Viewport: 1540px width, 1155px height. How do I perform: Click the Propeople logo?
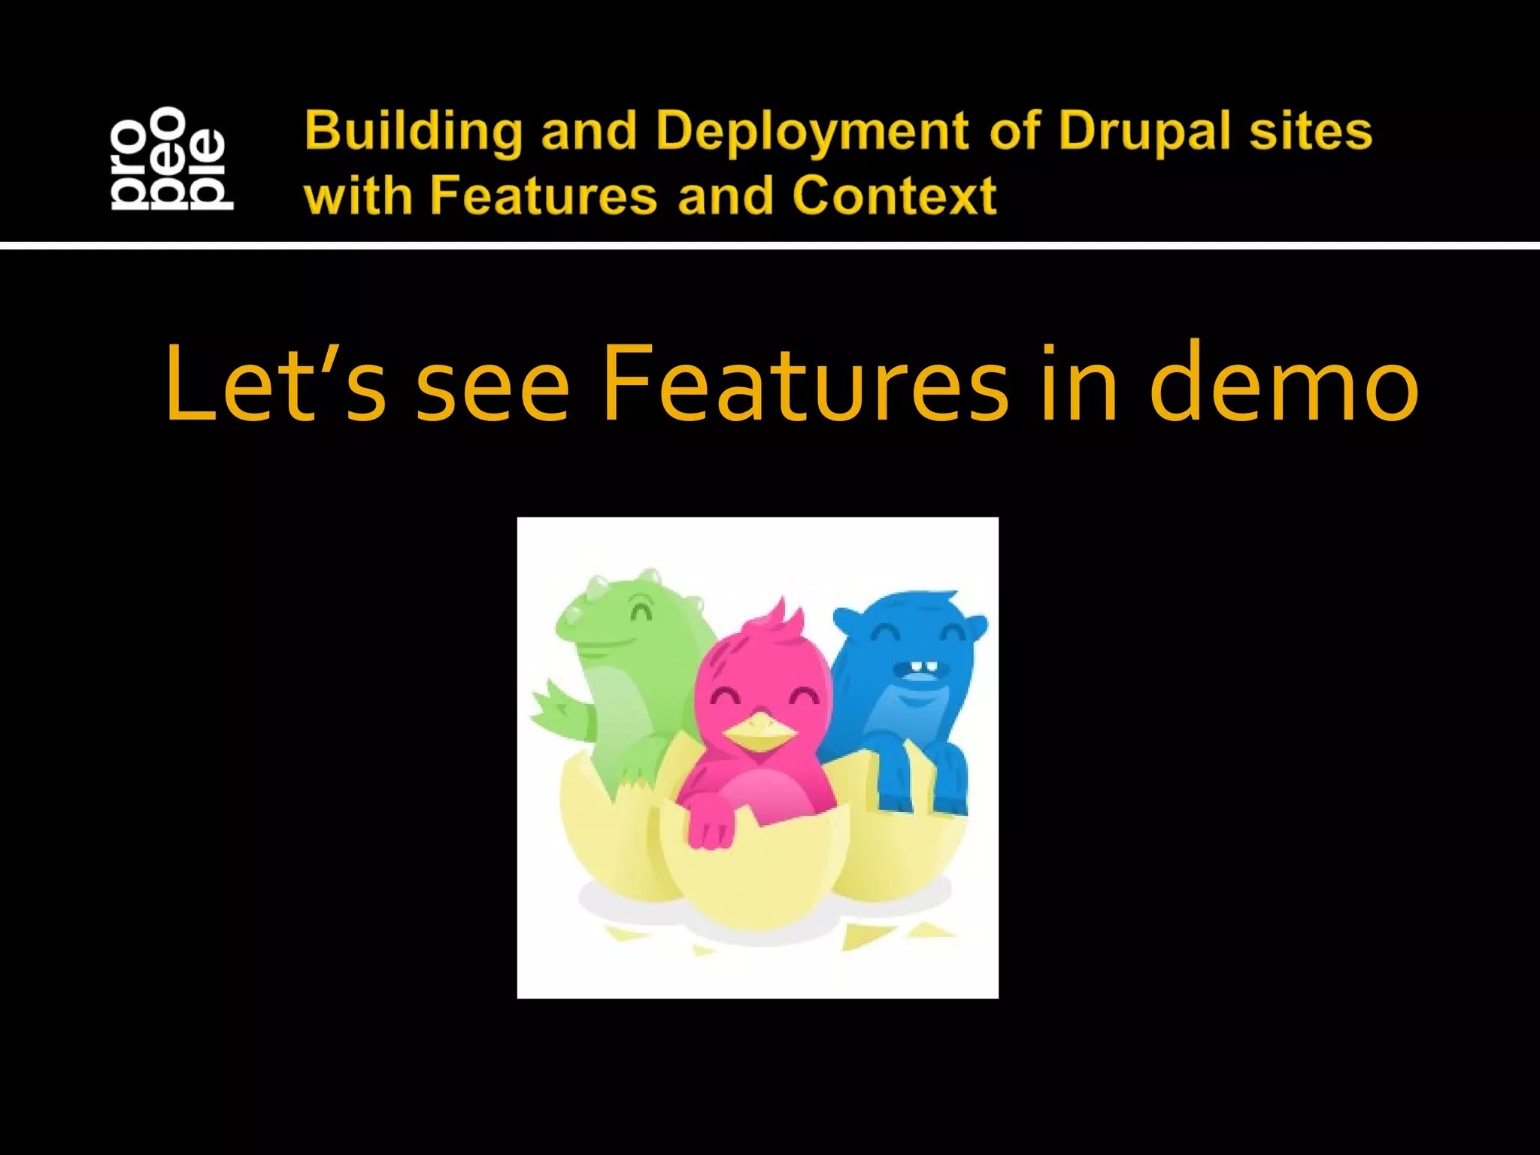(x=171, y=158)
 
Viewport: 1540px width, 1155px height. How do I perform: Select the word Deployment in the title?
(x=812, y=132)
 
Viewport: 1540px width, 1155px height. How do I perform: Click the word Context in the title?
(x=894, y=196)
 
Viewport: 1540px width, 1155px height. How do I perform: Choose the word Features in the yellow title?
(x=544, y=196)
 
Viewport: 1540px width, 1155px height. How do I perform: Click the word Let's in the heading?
(x=275, y=383)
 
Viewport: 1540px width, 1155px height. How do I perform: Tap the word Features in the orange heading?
(x=805, y=383)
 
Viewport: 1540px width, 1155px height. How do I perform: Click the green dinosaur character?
(x=632, y=662)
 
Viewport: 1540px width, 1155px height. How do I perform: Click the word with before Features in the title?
(x=358, y=196)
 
